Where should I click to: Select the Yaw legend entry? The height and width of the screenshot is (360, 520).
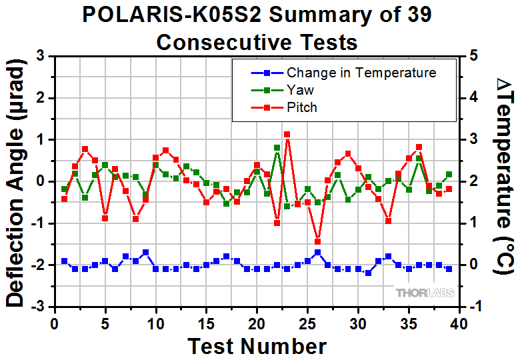click(300, 90)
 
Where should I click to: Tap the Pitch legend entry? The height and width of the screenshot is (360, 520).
click(302, 107)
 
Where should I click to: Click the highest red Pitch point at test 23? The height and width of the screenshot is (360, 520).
click(287, 135)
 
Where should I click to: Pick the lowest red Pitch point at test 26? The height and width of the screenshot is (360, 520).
click(317, 242)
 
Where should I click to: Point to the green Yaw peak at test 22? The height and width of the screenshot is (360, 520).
click(277, 148)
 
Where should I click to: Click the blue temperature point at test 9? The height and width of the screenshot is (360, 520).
click(145, 253)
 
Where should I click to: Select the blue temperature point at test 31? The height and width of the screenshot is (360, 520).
click(368, 273)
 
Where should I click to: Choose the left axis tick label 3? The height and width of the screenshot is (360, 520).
click(41, 57)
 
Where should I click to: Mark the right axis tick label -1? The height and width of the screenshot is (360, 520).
click(475, 306)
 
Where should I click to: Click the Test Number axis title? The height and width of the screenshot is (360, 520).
click(257, 346)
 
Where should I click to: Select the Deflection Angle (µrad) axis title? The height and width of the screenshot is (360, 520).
click(15, 181)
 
